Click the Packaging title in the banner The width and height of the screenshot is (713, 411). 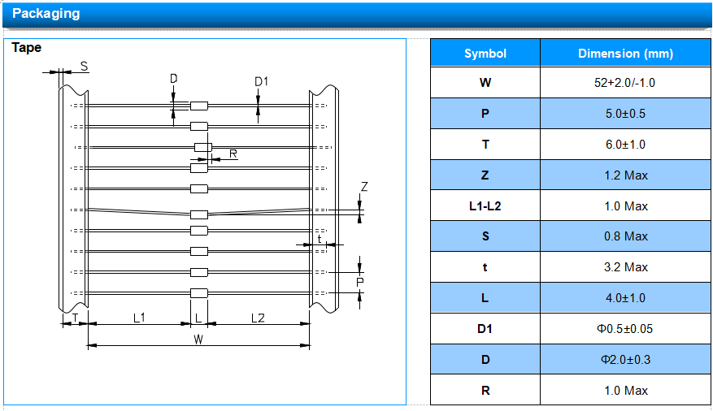point(46,14)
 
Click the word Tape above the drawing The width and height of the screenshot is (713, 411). point(26,48)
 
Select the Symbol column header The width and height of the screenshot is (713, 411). point(485,54)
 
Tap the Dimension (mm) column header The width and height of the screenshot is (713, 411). point(625,54)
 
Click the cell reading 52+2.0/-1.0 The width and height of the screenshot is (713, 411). point(624,83)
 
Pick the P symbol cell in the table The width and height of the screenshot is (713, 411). point(485,114)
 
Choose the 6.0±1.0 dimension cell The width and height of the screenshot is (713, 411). point(625,145)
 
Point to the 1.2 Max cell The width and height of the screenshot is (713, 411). point(626,175)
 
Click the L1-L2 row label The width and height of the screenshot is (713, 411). point(485,206)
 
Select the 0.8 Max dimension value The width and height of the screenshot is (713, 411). point(626,236)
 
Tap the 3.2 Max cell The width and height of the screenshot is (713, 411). point(626,267)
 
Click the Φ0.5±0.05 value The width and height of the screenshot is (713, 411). point(624,329)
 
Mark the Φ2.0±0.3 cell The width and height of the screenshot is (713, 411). point(626,360)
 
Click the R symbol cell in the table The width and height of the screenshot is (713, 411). point(485,391)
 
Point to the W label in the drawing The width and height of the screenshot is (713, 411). point(198,340)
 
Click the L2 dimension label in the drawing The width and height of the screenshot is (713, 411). point(258,318)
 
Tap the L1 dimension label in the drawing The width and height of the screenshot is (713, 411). point(139,318)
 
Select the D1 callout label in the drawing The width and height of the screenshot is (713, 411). point(262,82)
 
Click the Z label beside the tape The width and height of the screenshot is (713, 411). point(364,187)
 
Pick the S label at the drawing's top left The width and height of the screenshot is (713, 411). point(84,67)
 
